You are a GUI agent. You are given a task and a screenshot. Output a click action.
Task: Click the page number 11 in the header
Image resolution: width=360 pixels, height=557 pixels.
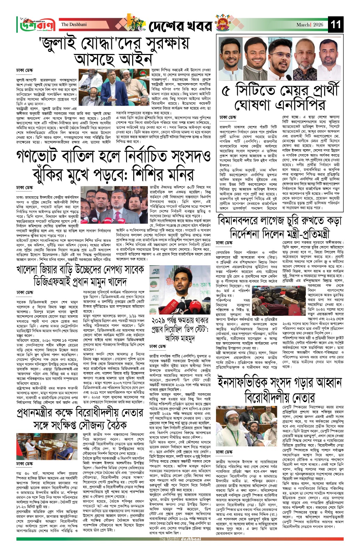tap(336, 25)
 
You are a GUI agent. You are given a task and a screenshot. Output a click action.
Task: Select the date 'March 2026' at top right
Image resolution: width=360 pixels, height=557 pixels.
tap(310, 25)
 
